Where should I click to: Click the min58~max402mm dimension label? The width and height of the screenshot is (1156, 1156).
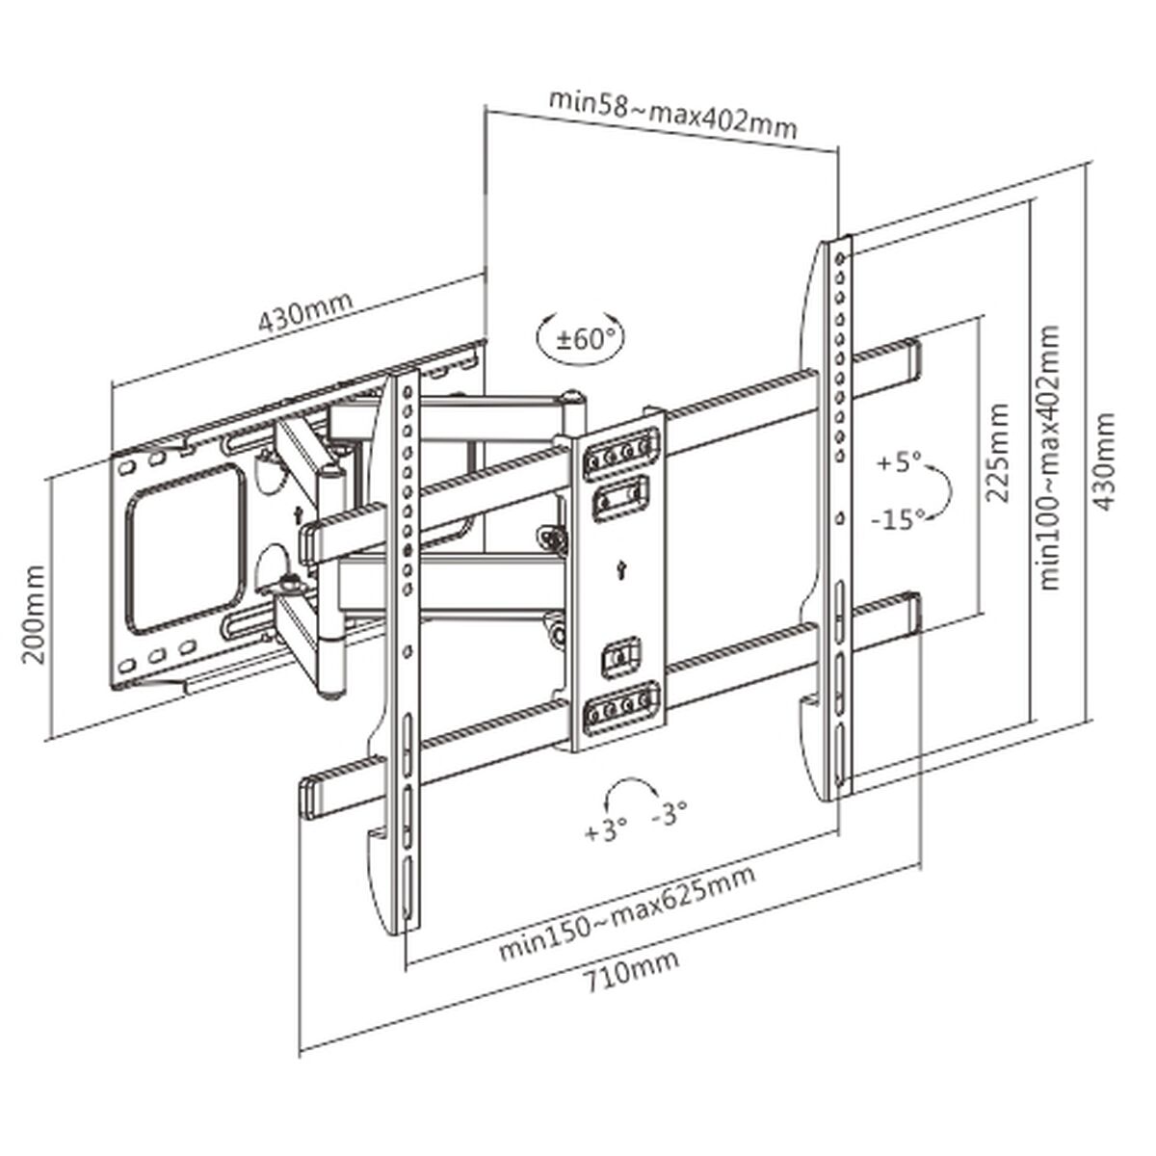[x=671, y=114]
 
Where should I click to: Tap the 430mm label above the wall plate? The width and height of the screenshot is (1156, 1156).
[x=304, y=307]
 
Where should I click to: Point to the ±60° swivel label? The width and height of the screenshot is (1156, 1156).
[x=577, y=338]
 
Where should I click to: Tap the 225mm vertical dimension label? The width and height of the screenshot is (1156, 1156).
[x=1000, y=454]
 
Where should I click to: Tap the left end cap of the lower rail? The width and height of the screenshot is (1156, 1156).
[x=313, y=797]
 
